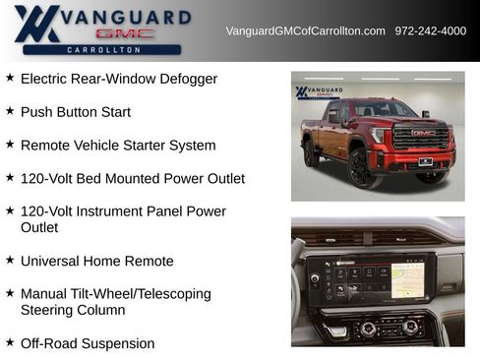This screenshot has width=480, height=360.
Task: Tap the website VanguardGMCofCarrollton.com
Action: (x=305, y=30)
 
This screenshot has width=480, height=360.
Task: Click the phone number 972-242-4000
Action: (x=431, y=30)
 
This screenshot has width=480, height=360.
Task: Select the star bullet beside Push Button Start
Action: (x=10, y=111)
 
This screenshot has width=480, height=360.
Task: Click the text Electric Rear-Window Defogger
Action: (x=118, y=79)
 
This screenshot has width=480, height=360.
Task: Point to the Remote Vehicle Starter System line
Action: (x=117, y=145)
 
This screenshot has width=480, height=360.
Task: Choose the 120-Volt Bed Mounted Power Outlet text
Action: (x=132, y=178)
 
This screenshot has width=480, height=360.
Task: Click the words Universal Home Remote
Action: (x=96, y=261)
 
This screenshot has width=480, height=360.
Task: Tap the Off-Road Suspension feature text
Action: (x=88, y=343)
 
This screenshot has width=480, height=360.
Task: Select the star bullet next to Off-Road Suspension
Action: (x=10, y=342)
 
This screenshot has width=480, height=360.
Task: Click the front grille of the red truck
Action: (x=422, y=138)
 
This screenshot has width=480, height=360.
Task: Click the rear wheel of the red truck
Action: (x=311, y=152)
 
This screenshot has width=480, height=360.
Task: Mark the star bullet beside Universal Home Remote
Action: (x=10, y=260)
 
